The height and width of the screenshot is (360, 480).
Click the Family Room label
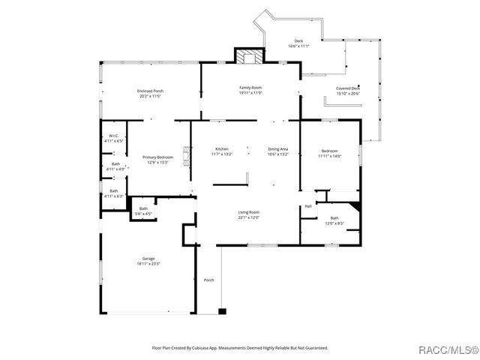pos(250,88)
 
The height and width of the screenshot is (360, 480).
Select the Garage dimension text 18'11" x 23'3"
pos(148,264)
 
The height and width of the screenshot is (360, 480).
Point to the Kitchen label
pos(222,149)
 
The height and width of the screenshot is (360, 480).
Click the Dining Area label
pos(277,149)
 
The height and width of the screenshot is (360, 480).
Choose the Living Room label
pos(249,213)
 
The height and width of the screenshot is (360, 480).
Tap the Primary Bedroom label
pos(157,157)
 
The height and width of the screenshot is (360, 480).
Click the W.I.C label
pos(115,136)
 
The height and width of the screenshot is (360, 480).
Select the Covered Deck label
pos(348,88)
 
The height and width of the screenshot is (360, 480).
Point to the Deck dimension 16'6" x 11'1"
pos(298,46)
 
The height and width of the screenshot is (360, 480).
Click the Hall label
pos(307,206)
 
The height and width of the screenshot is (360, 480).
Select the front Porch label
pos(209,280)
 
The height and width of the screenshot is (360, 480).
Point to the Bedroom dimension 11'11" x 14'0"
pos(329,156)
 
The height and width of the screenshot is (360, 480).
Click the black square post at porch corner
pos(222,310)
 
